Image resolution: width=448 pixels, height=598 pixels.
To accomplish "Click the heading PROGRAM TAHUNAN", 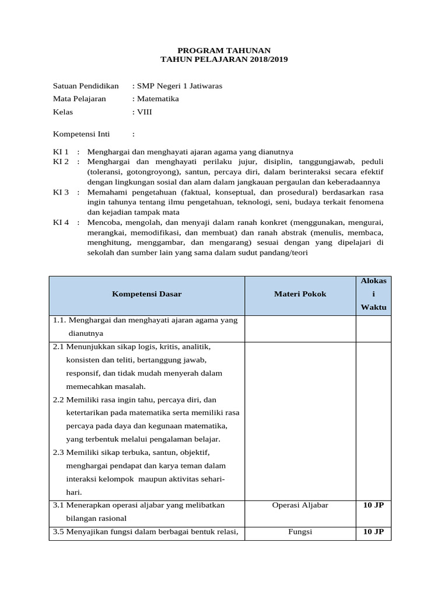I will click(x=224, y=51).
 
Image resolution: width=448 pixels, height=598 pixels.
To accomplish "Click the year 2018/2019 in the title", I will click(x=266, y=60).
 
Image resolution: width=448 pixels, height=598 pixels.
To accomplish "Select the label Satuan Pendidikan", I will click(x=86, y=86).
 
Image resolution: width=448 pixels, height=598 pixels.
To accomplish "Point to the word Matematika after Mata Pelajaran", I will click(x=157, y=99).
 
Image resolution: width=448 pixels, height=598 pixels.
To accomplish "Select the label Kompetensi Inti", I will click(x=81, y=134).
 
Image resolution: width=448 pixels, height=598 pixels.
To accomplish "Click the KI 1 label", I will click(x=61, y=152).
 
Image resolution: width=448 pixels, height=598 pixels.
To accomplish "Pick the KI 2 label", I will click(x=61, y=161).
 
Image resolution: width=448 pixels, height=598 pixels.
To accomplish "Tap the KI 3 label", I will click(x=61, y=192).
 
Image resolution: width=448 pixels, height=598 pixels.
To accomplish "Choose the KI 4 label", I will click(x=61, y=222).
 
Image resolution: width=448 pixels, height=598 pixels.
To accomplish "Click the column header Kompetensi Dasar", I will click(x=146, y=294).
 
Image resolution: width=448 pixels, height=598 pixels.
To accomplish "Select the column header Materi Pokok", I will click(x=300, y=294).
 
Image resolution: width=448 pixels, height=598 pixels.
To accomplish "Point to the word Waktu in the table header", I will click(x=373, y=307).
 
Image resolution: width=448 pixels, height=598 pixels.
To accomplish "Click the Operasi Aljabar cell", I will click(x=300, y=505).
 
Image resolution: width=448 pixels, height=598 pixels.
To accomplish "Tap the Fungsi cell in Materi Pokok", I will click(x=300, y=532).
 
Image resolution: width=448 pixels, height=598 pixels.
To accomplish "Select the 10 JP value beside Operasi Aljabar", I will click(x=373, y=505).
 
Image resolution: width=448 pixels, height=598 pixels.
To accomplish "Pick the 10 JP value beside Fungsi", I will click(x=373, y=532).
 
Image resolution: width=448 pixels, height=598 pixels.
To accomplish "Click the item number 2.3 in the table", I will click(x=58, y=453).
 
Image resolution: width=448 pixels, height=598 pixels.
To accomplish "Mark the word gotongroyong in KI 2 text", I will click(x=150, y=172).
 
